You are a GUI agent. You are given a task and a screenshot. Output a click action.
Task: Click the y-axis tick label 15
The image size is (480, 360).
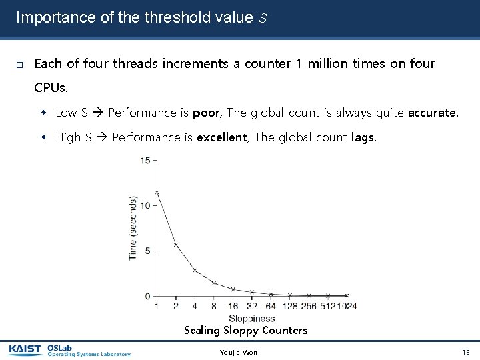(x=145, y=160)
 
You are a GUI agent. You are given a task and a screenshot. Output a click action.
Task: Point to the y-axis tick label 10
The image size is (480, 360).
(x=145, y=205)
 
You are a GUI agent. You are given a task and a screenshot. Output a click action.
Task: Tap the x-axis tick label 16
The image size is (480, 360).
(x=233, y=307)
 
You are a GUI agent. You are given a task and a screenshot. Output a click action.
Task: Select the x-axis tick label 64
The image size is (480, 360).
(x=271, y=307)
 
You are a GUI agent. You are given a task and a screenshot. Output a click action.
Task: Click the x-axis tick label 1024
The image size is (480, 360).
(x=346, y=307)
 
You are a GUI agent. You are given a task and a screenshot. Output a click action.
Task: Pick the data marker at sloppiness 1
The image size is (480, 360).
(x=157, y=193)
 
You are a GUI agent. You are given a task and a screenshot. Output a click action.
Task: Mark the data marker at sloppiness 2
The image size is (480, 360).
(x=175, y=244)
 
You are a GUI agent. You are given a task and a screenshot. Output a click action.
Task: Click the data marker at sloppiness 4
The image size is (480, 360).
(x=195, y=270)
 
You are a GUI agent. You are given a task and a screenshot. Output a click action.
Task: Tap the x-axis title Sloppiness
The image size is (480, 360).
(x=252, y=319)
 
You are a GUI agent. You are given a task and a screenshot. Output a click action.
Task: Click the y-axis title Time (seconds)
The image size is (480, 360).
(x=133, y=228)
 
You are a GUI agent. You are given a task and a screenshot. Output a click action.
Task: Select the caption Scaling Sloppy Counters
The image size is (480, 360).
(x=245, y=331)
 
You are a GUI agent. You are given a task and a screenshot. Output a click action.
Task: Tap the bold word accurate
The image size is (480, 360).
(x=433, y=113)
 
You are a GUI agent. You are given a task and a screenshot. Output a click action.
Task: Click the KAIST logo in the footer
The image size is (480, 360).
(x=25, y=349)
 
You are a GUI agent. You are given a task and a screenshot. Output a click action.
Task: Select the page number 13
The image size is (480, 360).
(x=465, y=352)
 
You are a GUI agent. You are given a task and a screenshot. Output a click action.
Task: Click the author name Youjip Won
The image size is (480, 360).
(x=238, y=352)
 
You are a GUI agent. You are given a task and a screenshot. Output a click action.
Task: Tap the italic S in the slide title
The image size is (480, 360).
(x=262, y=18)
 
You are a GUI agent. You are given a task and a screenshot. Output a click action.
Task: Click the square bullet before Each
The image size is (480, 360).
(x=20, y=65)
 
